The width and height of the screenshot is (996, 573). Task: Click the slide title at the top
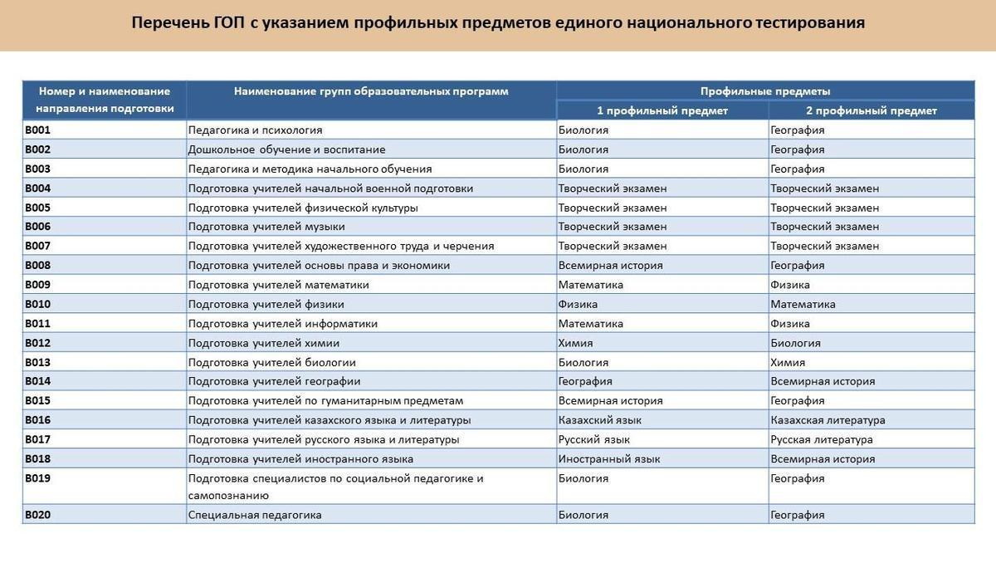[498, 22]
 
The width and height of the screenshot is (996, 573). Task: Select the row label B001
[38, 130]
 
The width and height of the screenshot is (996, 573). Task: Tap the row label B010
[38, 304]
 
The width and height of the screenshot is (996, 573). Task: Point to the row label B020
[38, 515]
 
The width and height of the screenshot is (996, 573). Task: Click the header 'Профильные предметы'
[764, 91]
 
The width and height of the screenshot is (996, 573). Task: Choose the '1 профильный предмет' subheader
[662, 110]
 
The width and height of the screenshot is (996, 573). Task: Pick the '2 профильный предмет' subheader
[871, 110]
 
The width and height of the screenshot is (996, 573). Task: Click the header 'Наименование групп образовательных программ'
[371, 91]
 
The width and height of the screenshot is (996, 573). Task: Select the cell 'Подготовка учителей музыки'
[266, 227]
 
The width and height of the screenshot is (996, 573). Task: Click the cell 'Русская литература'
[821, 439]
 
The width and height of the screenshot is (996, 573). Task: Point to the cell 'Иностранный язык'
[609, 458]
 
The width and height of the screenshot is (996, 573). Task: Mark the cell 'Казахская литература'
[827, 420]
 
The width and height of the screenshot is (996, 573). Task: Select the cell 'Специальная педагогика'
[255, 515]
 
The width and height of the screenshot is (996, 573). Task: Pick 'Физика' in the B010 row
[578, 304]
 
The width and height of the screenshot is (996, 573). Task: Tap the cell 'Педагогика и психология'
[255, 130]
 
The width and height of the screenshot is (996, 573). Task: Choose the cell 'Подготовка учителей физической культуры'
[303, 208]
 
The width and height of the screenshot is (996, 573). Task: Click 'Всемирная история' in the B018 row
[822, 458]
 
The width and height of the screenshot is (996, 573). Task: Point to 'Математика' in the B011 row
[590, 324]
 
